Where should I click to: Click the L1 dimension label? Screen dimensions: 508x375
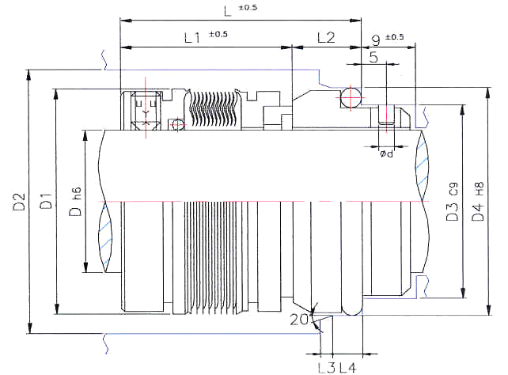(192, 37)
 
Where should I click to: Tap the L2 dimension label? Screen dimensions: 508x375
(326, 37)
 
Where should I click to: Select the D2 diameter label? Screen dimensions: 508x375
(19, 202)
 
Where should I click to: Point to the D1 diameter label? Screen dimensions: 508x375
(46, 201)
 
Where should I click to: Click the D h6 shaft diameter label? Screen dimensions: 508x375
(75, 202)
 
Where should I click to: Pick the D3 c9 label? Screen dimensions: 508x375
(453, 202)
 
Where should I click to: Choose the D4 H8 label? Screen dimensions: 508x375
(478, 202)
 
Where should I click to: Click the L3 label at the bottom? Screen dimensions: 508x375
(326, 368)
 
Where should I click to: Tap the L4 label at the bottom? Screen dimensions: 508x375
(347, 368)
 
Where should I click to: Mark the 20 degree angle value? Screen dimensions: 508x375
(298, 320)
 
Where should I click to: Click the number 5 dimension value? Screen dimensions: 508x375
(373, 57)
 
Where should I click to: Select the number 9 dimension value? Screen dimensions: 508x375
(376, 40)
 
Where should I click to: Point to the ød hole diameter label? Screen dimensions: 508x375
(386, 153)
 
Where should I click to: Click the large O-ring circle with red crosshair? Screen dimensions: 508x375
(351, 97)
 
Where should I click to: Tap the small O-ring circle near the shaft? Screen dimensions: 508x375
(177, 124)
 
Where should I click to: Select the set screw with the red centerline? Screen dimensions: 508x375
(146, 111)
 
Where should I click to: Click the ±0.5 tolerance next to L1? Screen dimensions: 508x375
(218, 34)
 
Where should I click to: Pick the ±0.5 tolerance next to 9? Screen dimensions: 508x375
(394, 36)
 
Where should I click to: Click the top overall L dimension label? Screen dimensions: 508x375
(228, 11)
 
